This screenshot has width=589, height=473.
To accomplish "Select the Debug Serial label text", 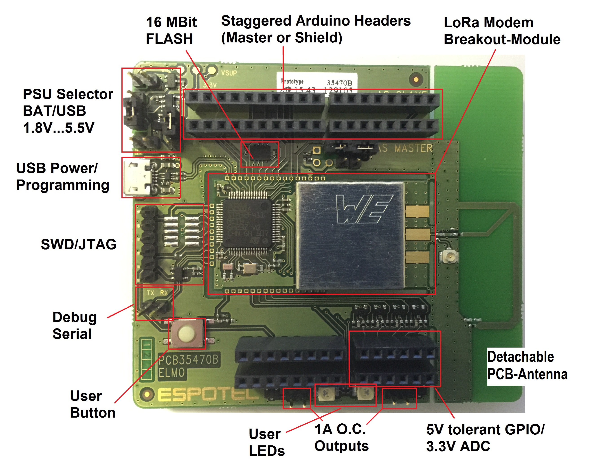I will [74, 325].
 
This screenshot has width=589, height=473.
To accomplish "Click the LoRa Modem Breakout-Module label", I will [502, 31].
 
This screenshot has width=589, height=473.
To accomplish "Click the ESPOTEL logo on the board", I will [208, 395].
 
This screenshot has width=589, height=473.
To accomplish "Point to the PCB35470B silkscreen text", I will [189, 360].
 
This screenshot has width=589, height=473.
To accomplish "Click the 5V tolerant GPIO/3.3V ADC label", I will [485, 438].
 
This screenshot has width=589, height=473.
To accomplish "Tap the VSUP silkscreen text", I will [229, 73].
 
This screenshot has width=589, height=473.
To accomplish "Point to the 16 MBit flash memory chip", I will [260, 153].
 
